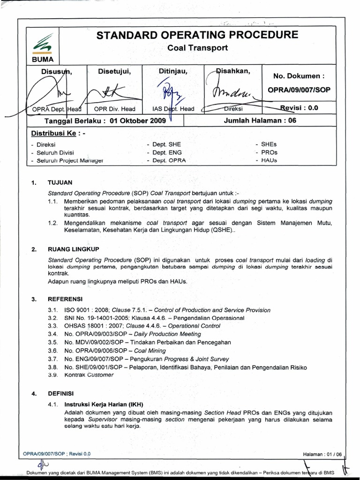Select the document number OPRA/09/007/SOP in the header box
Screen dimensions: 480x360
[x=298, y=90]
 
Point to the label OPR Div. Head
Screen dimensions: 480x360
[x=115, y=109]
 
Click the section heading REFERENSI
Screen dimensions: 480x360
[x=65, y=299]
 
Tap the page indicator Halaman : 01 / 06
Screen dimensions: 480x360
[x=323, y=454]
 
